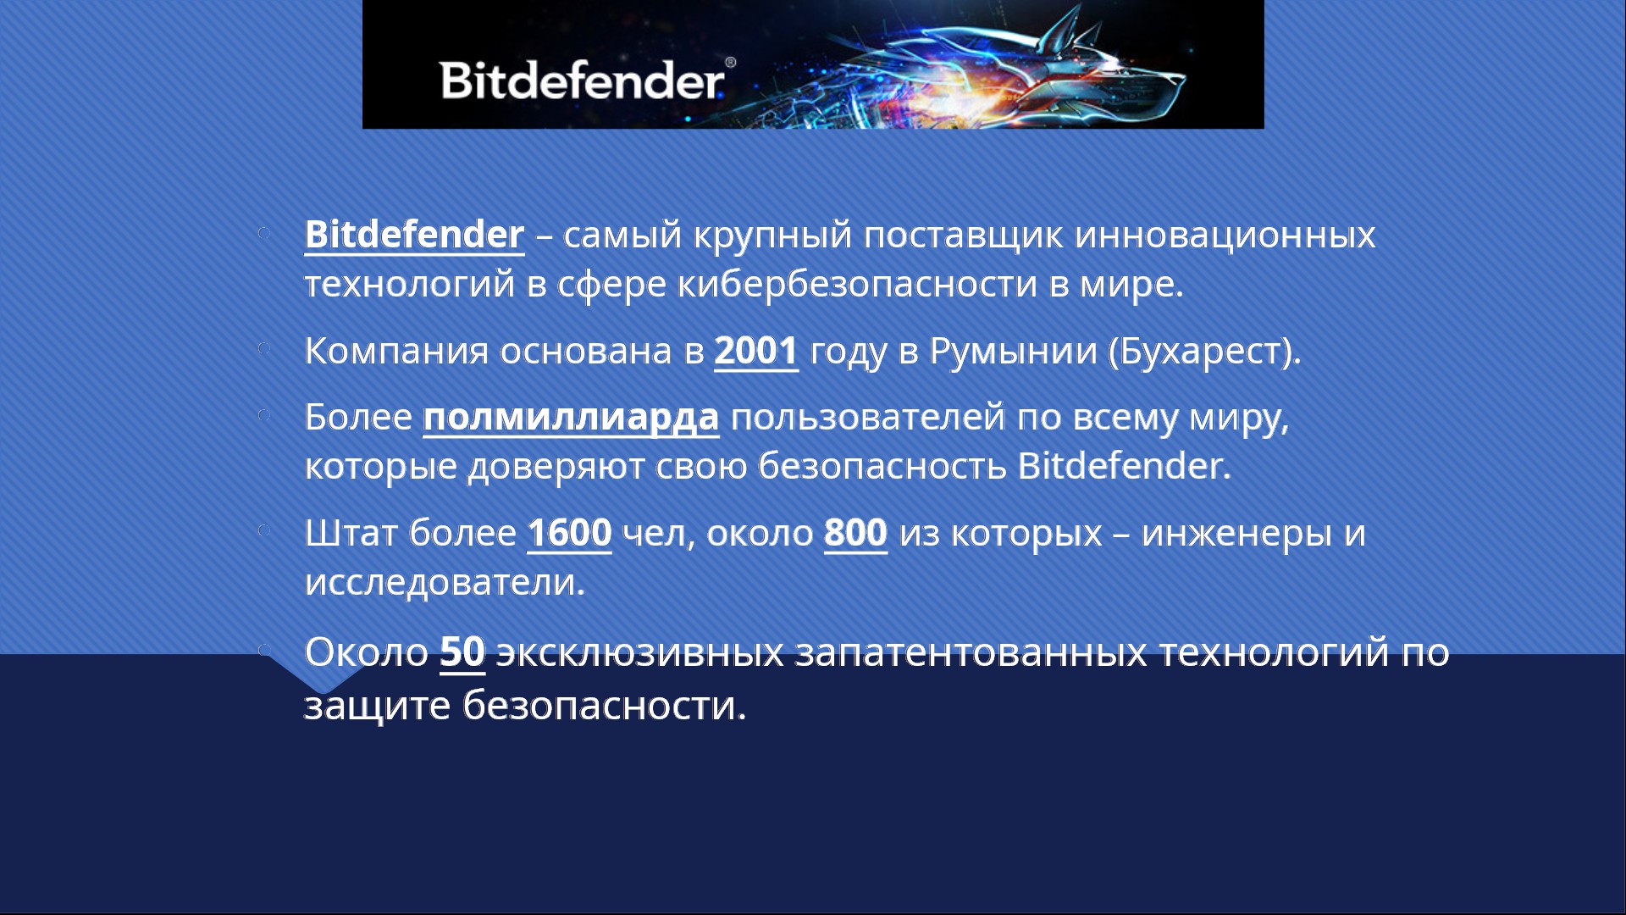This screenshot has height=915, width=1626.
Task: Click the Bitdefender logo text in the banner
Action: (x=582, y=80)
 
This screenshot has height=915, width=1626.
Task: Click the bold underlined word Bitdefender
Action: (x=414, y=235)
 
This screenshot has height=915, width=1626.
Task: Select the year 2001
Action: (x=756, y=351)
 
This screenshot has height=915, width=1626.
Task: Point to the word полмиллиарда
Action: (x=571, y=418)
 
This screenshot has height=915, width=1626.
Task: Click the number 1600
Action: (x=569, y=533)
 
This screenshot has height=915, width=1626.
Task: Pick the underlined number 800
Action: (x=855, y=533)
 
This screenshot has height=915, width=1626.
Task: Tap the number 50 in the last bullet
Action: (x=462, y=652)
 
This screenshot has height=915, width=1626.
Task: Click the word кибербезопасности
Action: (x=857, y=284)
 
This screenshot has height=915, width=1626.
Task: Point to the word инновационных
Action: (x=1225, y=236)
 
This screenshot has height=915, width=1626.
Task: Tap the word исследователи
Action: (x=445, y=582)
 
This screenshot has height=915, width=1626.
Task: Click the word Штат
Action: (x=351, y=533)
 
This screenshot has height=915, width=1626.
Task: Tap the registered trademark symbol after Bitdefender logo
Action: (x=730, y=63)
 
